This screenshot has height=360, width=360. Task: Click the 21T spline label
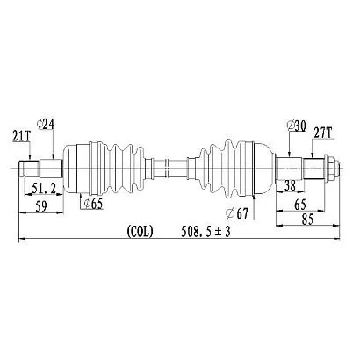coord(22,136)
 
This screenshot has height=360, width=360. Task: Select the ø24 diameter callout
coord(46,125)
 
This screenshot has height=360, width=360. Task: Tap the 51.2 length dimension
coord(44,189)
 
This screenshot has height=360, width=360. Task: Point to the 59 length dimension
coord(41,206)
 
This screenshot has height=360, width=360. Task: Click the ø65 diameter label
coord(93,204)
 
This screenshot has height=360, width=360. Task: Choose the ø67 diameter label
coord(237,213)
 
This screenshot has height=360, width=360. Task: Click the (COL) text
coord(140,232)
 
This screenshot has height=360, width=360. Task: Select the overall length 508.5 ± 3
coord(205,232)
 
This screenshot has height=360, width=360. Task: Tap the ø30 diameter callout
coord(297,126)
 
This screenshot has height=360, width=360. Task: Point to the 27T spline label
coord(323,133)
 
